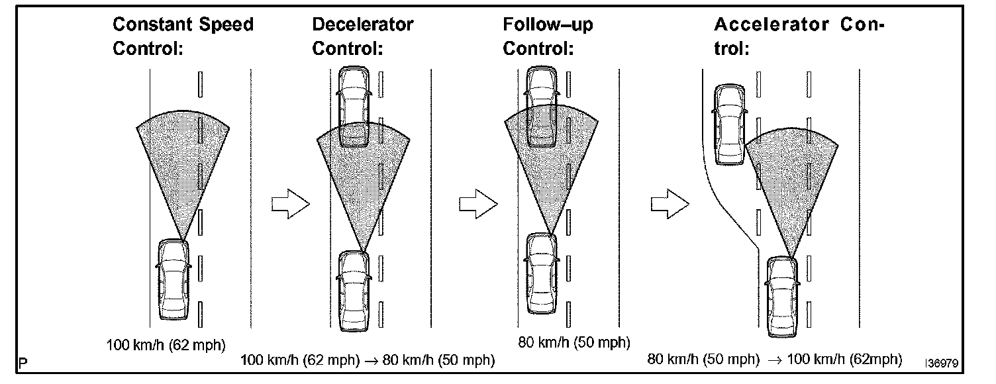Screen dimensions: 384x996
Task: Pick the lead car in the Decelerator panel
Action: (353, 106)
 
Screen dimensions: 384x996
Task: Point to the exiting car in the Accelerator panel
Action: (729, 126)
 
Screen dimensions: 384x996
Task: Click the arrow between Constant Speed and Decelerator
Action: (290, 204)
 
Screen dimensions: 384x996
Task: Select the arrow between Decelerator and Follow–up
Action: (478, 204)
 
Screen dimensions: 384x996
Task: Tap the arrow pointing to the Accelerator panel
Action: (670, 204)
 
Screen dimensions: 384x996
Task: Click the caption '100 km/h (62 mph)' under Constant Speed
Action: (166, 344)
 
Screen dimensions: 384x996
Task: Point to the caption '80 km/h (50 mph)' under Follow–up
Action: (573, 342)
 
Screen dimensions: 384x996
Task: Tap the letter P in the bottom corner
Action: (23, 363)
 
